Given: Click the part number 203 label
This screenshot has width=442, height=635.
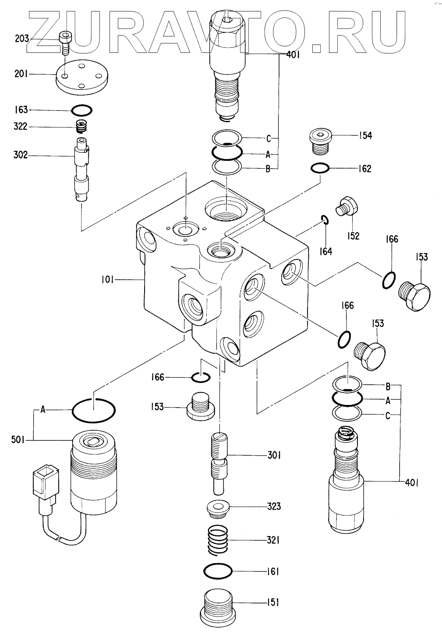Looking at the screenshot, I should click(21, 39).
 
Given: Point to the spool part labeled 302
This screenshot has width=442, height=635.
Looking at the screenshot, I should click(82, 169).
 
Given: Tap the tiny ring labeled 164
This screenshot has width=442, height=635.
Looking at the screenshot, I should click(324, 220).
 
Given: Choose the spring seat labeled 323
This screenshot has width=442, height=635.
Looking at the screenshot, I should click(218, 507).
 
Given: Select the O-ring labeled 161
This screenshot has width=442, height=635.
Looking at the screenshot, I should click(218, 571).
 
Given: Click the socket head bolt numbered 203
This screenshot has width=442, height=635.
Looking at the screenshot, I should click(65, 42).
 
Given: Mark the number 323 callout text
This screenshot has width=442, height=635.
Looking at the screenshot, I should click(274, 507).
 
